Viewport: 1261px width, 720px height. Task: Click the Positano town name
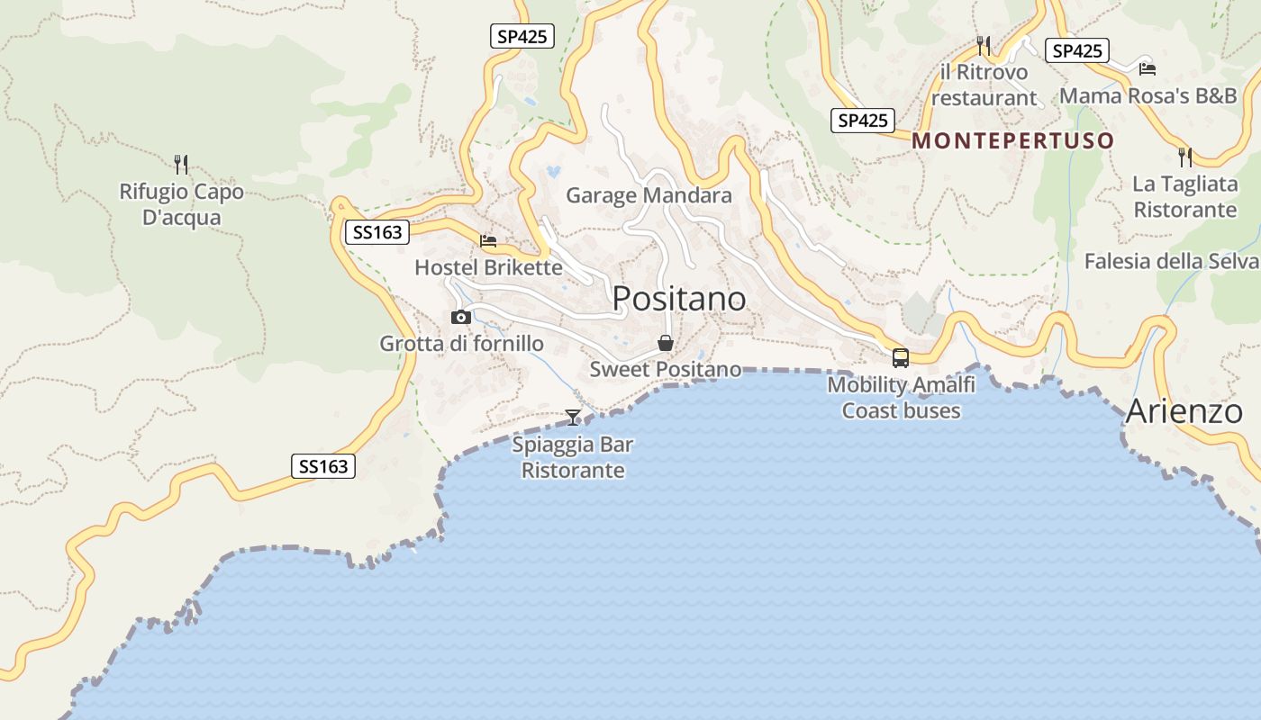click(679, 299)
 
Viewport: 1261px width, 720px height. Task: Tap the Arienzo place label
click(1184, 411)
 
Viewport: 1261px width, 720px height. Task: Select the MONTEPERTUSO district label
click(1013, 140)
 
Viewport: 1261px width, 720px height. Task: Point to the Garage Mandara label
click(649, 195)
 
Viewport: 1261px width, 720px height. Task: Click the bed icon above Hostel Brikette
click(488, 241)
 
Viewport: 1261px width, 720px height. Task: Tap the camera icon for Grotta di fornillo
click(460, 317)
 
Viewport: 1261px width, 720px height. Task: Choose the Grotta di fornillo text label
click(461, 343)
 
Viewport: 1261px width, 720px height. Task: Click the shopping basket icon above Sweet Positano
click(666, 343)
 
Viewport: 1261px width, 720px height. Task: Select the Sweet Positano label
click(666, 369)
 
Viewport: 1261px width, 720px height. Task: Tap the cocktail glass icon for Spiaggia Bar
click(573, 417)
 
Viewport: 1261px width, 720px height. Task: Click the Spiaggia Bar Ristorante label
click(573, 457)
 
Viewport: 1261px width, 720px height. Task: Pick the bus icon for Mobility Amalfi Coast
click(900, 357)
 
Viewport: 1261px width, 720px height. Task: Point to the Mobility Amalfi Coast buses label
click(901, 398)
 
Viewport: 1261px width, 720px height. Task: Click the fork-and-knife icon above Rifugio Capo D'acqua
click(181, 164)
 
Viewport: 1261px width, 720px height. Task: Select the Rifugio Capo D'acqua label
click(181, 204)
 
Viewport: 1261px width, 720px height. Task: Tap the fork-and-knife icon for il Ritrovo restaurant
click(984, 45)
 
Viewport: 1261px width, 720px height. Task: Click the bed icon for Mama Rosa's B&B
click(1147, 68)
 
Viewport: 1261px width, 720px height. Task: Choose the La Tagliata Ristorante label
click(1184, 197)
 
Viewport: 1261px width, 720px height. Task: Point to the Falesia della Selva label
click(1171, 261)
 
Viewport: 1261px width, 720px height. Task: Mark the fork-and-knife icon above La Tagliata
click(1185, 157)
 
